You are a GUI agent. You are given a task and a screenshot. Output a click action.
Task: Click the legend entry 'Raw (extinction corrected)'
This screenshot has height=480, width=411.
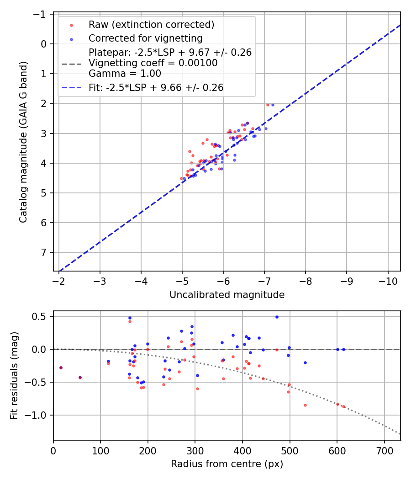click(151, 24)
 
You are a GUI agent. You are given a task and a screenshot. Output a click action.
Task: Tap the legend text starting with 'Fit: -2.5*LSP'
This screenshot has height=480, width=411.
click(156, 88)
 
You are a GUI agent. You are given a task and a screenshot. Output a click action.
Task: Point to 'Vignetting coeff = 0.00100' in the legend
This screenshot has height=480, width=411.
click(153, 63)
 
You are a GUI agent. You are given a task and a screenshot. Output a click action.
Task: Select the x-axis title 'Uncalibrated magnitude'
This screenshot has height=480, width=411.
click(227, 295)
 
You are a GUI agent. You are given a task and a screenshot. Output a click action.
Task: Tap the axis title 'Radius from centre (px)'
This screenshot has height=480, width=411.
click(227, 464)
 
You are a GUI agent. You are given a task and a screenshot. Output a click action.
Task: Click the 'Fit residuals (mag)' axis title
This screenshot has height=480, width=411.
click(14, 376)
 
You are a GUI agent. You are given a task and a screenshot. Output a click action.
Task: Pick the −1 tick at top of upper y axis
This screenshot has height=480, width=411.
click(42, 14)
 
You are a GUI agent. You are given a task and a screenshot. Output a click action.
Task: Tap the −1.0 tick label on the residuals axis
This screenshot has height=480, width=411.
click(39, 415)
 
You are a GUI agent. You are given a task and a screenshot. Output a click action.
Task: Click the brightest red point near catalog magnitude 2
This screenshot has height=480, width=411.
click(268, 105)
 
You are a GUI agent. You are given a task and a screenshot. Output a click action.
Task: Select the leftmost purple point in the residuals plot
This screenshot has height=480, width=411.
click(61, 368)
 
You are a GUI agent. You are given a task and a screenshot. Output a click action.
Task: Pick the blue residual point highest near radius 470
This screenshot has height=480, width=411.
click(277, 317)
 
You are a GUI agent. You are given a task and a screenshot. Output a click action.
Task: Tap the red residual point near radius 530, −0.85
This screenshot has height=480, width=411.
click(305, 405)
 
